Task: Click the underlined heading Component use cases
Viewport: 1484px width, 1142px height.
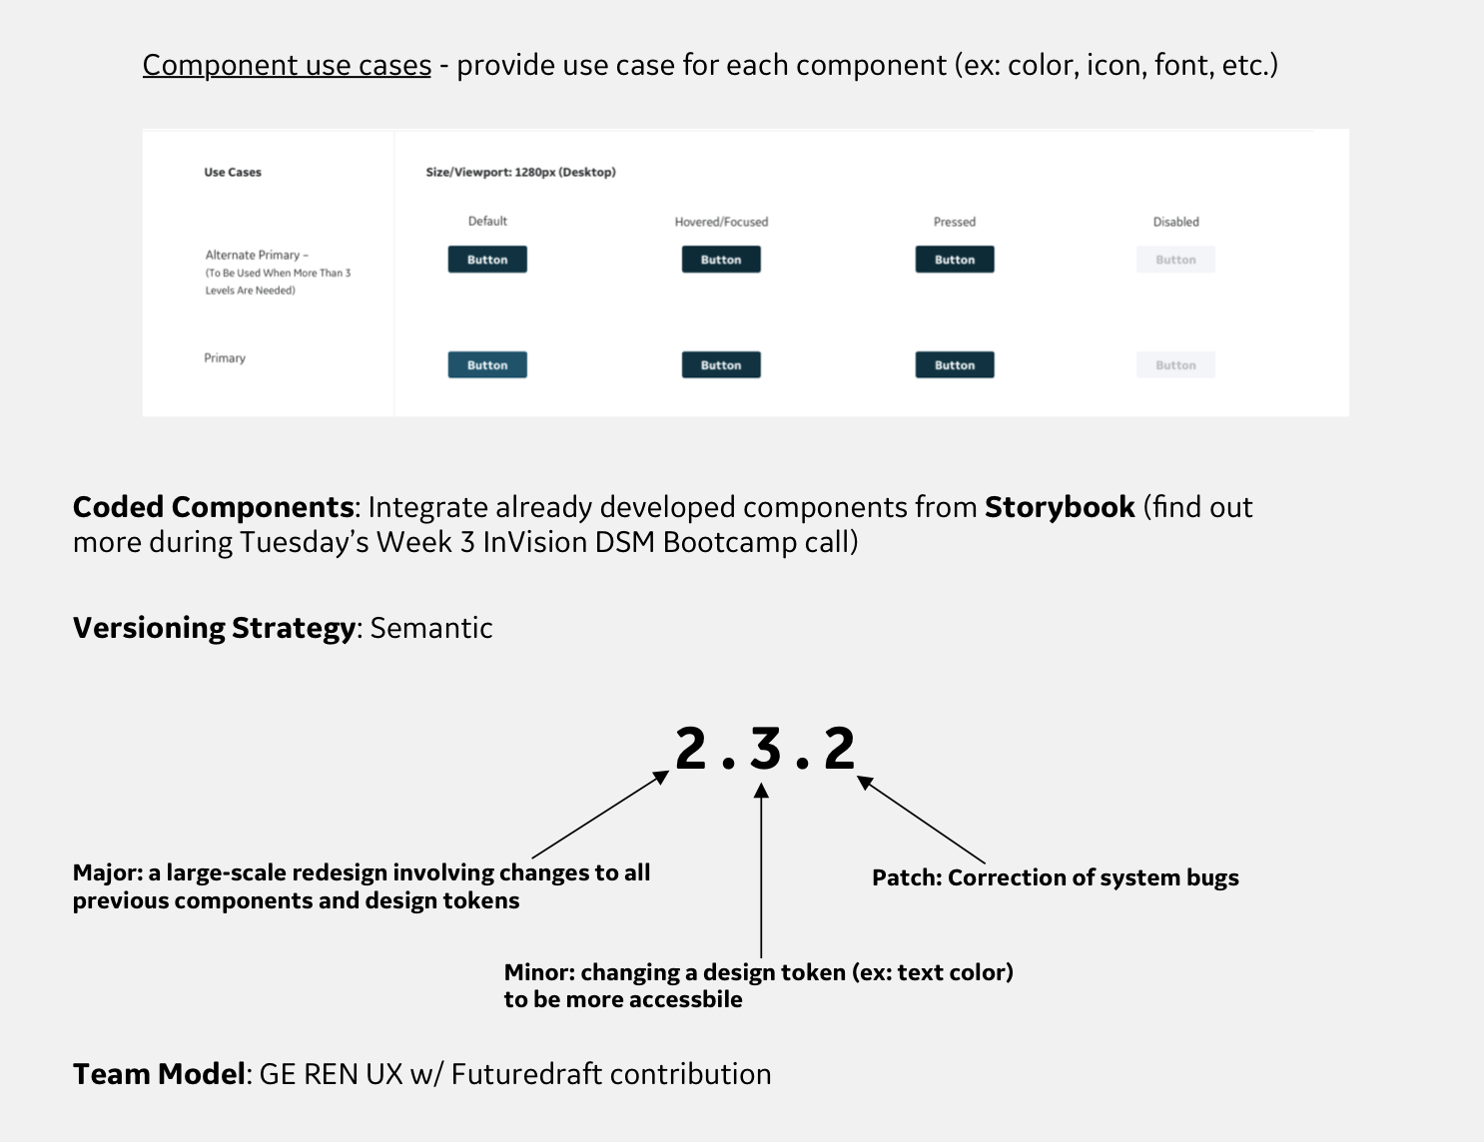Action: click(287, 65)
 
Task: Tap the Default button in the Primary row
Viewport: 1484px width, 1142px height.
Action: click(487, 365)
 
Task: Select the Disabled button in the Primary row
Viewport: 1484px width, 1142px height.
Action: click(1175, 365)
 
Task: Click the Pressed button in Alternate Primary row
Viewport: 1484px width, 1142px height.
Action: click(955, 260)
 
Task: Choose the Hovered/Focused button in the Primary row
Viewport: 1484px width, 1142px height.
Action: click(721, 365)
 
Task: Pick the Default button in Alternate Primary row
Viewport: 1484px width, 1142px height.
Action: click(487, 260)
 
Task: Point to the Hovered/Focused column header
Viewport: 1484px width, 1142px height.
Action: click(721, 222)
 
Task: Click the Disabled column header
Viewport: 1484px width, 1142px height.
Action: click(1175, 222)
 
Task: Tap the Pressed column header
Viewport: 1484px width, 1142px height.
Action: click(955, 222)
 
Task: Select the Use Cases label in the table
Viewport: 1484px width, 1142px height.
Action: click(233, 172)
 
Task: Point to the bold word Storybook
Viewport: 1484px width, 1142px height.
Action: click(1060, 507)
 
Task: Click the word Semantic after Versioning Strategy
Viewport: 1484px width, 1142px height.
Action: click(431, 628)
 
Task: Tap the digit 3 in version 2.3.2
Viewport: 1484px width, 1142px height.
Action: click(766, 749)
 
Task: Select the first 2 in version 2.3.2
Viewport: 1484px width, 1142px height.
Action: click(691, 749)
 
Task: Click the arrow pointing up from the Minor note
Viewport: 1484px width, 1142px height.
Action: click(761, 868)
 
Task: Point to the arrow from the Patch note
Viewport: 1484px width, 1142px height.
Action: click(921, 820)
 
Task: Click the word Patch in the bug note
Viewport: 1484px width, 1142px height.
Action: click(906, 877)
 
